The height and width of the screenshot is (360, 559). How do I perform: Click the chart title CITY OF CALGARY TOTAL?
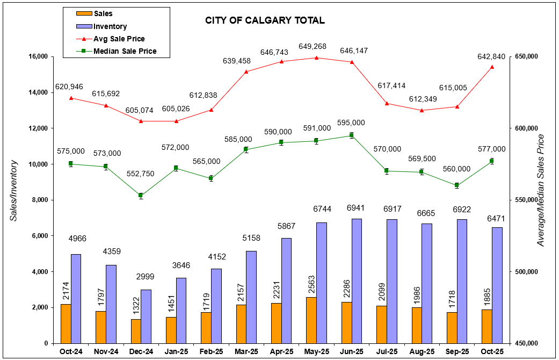(x=265, y=21)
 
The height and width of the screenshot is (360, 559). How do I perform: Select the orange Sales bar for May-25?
(x=307, y=320)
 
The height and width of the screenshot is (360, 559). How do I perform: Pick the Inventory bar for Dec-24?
(x=146, y=316)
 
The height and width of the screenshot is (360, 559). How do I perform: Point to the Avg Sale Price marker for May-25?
(x=316, y=57)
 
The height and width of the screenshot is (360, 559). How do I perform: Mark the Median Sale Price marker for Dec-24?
(x=141, y=196)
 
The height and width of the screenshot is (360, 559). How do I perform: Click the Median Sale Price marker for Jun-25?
(x=352, y=135)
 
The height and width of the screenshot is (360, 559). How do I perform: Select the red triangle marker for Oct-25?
(x=492, y=67)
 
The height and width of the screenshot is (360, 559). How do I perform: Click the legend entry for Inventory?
(x=110, y=26)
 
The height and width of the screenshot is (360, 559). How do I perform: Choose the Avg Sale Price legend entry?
(x=119, y=39)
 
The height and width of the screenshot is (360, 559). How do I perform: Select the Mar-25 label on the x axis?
(x=246, y=352)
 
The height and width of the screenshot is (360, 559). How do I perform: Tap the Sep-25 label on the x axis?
(x=457, y=352)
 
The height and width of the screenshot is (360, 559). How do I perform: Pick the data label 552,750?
(x=141, y=174)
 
